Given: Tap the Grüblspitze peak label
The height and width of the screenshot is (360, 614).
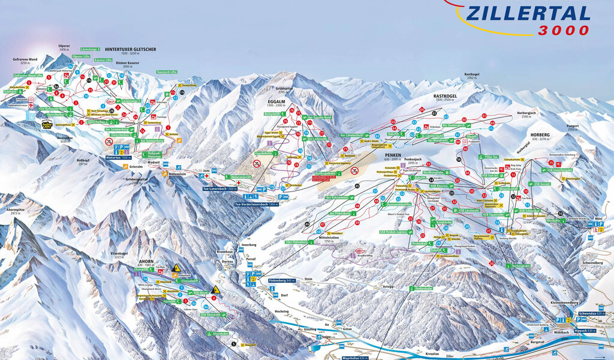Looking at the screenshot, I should pos(284,90).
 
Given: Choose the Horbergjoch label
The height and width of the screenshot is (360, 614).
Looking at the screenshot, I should pos(523,113).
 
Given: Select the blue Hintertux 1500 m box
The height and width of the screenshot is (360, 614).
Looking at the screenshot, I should pos(118,157).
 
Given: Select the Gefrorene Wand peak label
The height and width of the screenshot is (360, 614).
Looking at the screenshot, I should pos(25,59).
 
